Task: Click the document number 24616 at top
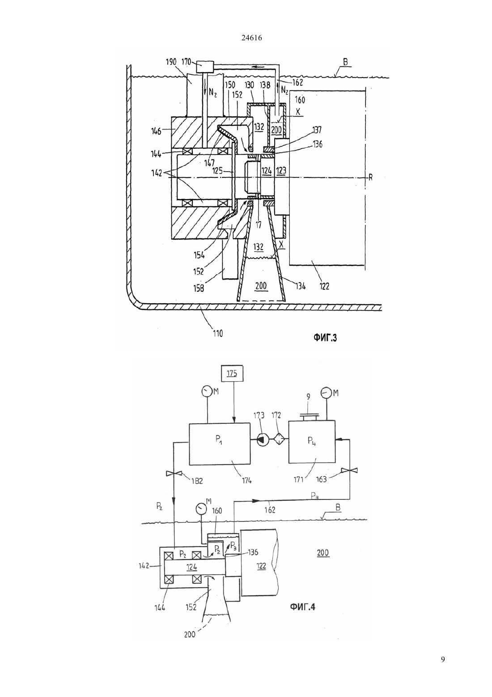[251, 38]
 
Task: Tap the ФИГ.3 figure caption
[325, 338]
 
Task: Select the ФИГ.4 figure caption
[302, 607]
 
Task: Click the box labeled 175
[232, 374]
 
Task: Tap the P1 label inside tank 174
[219, 439]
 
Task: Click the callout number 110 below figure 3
[217, 334]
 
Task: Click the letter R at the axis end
[370, 178]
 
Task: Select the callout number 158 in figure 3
[199, 288]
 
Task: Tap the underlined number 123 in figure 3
[281, 171]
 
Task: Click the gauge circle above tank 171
[325, 392]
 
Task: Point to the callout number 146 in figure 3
[156, 131]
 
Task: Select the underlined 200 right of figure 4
[323, 553]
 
